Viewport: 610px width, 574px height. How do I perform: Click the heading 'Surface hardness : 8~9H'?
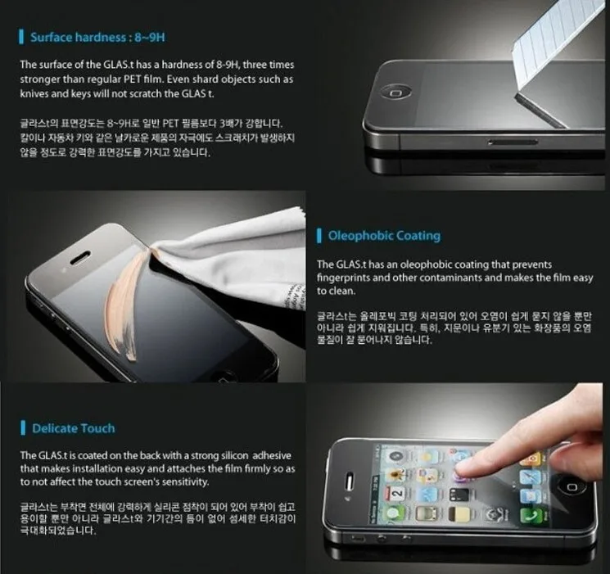click(99, 38)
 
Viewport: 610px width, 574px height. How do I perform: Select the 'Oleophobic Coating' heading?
click(384, 236)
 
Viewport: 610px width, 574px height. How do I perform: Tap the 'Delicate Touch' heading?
click(74, 427)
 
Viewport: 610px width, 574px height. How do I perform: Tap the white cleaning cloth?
click(237, 246)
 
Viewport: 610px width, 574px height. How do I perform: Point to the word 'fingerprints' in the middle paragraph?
click(346, 278)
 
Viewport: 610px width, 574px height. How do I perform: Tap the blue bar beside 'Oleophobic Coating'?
click(319, 236)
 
